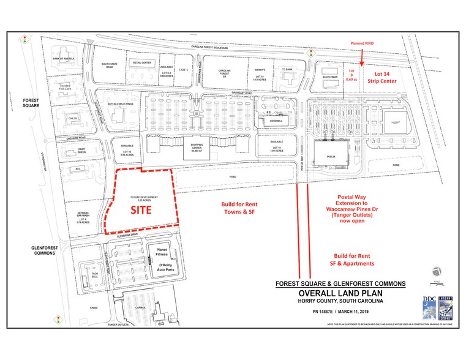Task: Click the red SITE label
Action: point(140,209)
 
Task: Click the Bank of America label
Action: point(63,59)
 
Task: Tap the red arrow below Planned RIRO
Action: point(363,58)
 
